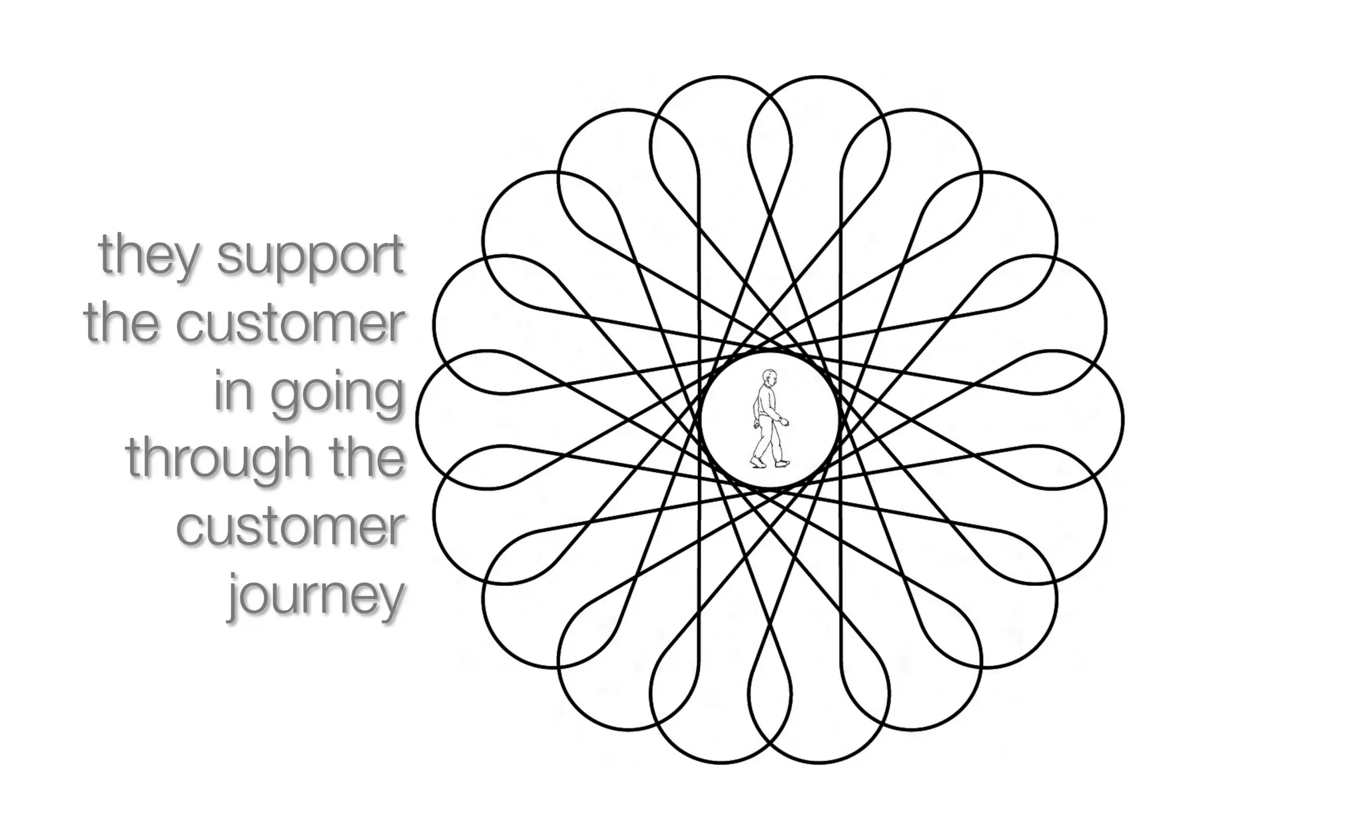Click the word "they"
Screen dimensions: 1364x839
click(148, 256)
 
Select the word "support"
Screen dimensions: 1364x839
click(310, 256)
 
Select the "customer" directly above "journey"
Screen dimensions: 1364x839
click(290, 527)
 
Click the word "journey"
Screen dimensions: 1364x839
click(317, 595)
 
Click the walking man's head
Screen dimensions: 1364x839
click(770, 378)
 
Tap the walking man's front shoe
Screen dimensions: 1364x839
click(783, 463)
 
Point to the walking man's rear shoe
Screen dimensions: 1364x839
click(757, 461)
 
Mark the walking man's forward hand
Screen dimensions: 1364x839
click(785, 421)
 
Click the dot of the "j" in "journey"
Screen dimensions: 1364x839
click(235, 572)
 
